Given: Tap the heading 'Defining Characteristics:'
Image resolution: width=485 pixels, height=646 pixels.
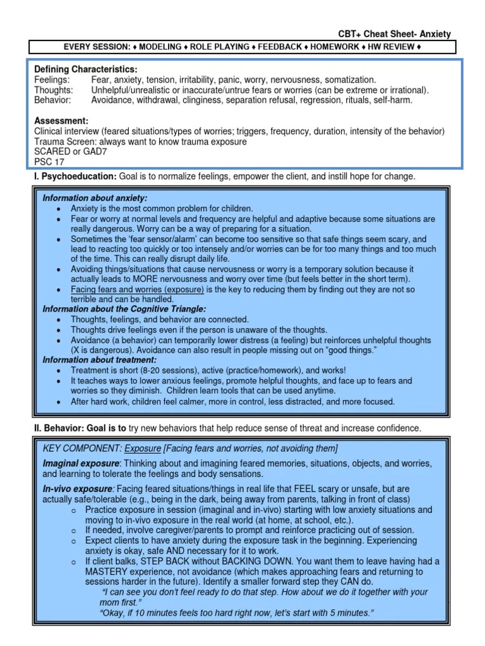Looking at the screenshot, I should [x=86, y=69].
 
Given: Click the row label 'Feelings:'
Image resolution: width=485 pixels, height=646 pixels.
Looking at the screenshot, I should [x=52, y=79].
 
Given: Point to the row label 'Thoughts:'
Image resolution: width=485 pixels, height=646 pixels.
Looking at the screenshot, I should [x=53, y=90].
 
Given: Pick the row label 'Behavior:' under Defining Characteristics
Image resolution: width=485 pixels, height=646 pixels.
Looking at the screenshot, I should [x=52, y=100].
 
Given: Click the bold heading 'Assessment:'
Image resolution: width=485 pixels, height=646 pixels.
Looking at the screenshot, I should [x=61, y=120].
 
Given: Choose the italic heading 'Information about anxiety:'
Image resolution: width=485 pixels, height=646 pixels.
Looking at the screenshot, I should [x=95, y=198].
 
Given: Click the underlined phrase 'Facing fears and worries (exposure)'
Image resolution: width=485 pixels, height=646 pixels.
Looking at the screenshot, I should [x=137, y=290].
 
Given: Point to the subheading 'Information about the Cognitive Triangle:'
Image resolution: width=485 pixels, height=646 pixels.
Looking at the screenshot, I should [x=124, y=309].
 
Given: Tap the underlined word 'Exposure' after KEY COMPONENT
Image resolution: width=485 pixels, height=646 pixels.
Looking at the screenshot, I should [x=142, y=449].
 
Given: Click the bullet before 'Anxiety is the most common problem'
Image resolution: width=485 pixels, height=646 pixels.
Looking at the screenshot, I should [x=59, y=208].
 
